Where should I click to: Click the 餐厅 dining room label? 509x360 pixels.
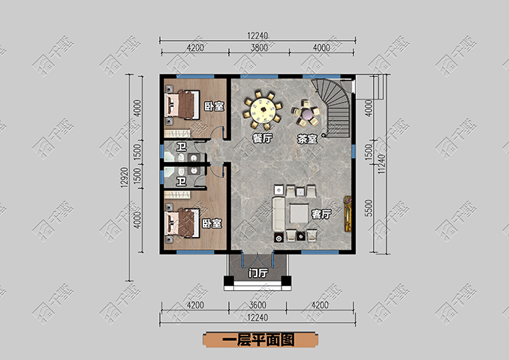[262, 139]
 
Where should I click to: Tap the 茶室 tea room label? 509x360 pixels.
[307, 139]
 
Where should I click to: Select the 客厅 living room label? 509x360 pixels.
[321, 215]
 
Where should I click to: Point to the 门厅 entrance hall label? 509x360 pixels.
[258, 273]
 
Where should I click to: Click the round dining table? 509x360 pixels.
[263, 109]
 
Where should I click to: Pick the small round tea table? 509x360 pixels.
[307, 113]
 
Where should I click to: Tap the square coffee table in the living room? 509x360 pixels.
[299, 213]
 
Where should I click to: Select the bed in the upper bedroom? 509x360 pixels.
[182, 105]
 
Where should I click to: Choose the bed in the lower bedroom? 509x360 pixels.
[182, 223]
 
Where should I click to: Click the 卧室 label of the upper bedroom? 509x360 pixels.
[214, 106]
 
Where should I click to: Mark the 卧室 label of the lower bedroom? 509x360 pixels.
[212, 223]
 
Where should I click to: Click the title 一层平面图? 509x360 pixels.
[259, 340]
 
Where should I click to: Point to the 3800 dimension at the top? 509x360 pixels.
[259, 48]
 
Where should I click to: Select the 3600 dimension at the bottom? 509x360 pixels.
[257, 305]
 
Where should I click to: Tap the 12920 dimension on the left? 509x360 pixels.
[124, 178]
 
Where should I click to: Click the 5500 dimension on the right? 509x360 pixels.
[369, 209]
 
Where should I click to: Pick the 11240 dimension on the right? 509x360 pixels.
[382, 164]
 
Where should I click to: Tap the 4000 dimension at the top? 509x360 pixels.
[321, 48]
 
